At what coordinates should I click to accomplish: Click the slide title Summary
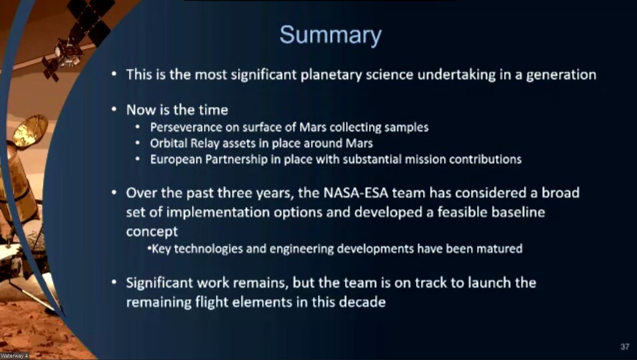(x=330, y=35)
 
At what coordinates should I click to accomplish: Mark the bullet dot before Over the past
(x=114, y=192)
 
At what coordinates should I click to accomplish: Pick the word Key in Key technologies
(x=160, y=248)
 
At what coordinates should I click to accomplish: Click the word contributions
(x=487, y=159)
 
